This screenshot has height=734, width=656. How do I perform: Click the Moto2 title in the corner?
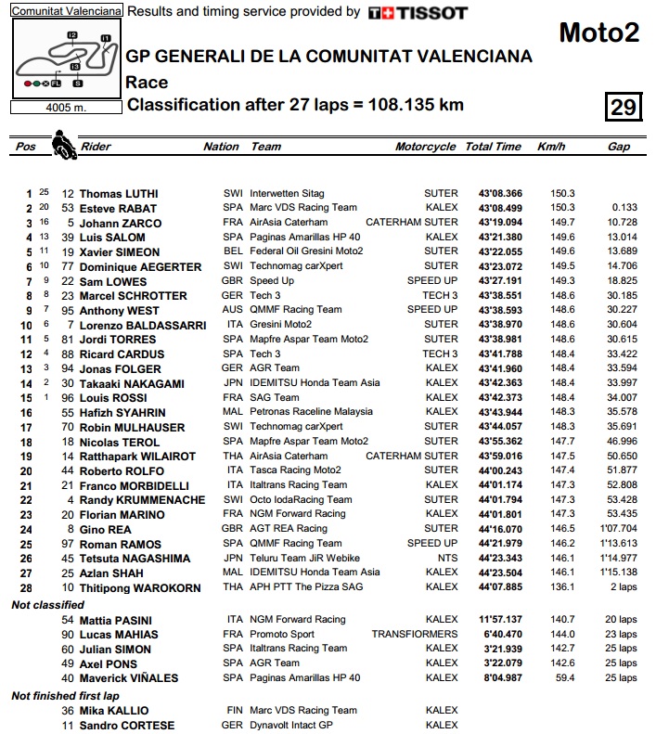[598, 33]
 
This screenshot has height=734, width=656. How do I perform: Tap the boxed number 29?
[622, 107]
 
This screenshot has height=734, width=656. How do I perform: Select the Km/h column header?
[550, 147]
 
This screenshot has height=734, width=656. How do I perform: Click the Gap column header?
[619, 147]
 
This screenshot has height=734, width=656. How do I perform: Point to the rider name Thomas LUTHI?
[121, 194]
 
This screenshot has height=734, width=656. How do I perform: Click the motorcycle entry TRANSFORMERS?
[415, 634]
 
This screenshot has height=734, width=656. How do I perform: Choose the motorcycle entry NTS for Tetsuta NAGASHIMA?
[447, 558]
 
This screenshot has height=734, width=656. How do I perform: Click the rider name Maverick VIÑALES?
[125, 677]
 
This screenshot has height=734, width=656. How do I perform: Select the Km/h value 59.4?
[563, 677]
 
